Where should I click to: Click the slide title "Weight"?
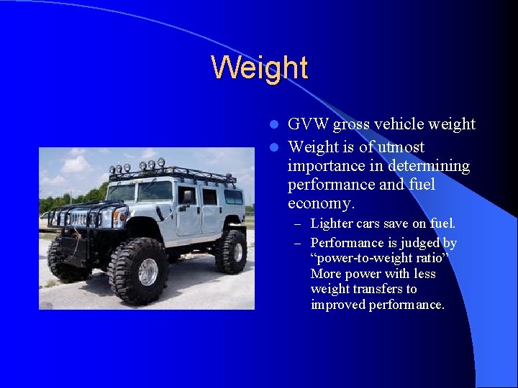259,68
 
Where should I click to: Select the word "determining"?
430,167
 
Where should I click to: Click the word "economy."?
321,204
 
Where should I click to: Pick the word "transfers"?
391,289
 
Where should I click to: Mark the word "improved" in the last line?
338,305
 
